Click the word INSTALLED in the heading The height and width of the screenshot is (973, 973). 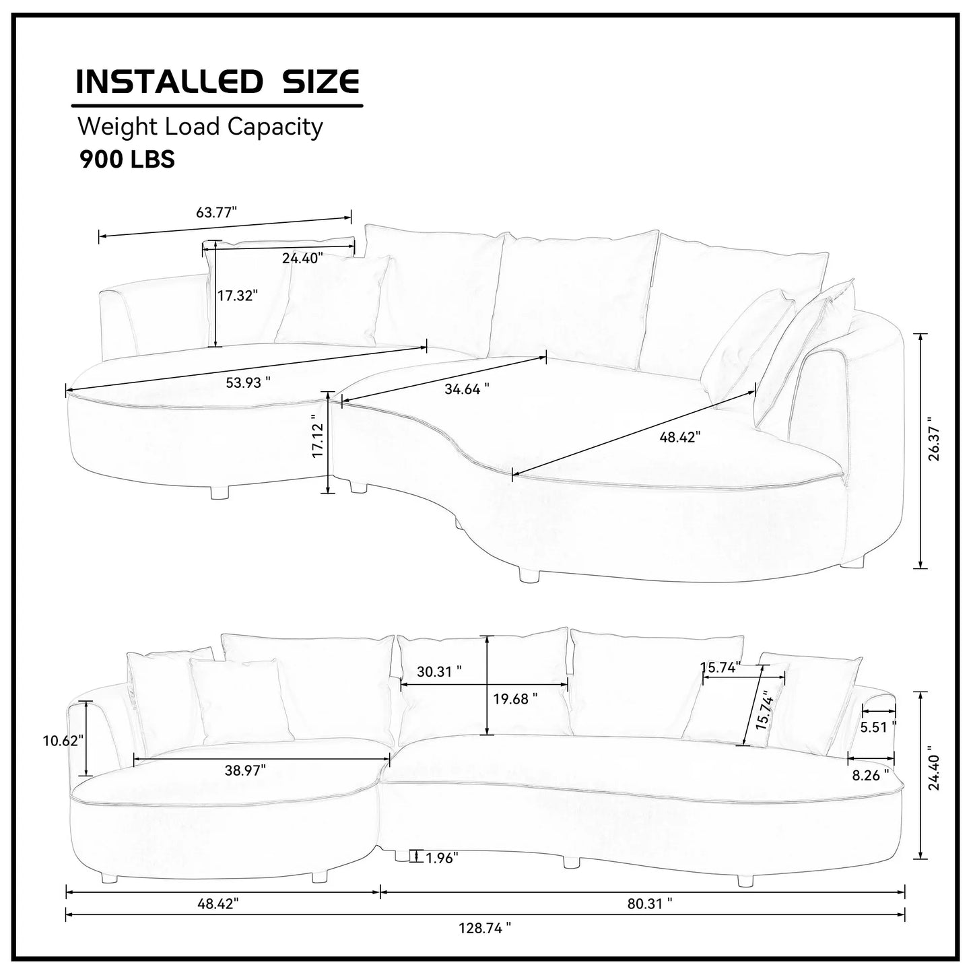pos(168,81)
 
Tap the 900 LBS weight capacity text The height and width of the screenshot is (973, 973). pos(127,159)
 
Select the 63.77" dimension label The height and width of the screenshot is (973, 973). pos(217,213)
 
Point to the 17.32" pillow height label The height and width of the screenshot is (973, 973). pos(237,295)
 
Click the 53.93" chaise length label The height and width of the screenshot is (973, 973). pos(248,382)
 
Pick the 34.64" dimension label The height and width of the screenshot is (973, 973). pos(467,389)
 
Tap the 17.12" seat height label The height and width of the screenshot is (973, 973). pos(318,436)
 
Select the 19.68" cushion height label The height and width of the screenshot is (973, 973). pos(515,698)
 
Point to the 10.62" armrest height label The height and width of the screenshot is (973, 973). pos(63,741)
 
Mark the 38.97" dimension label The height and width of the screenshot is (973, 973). pos(245,770)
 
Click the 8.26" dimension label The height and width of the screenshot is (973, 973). pos(870,775)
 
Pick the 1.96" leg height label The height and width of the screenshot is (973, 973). pos(442,858)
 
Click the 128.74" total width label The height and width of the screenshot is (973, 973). pos(485,928)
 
